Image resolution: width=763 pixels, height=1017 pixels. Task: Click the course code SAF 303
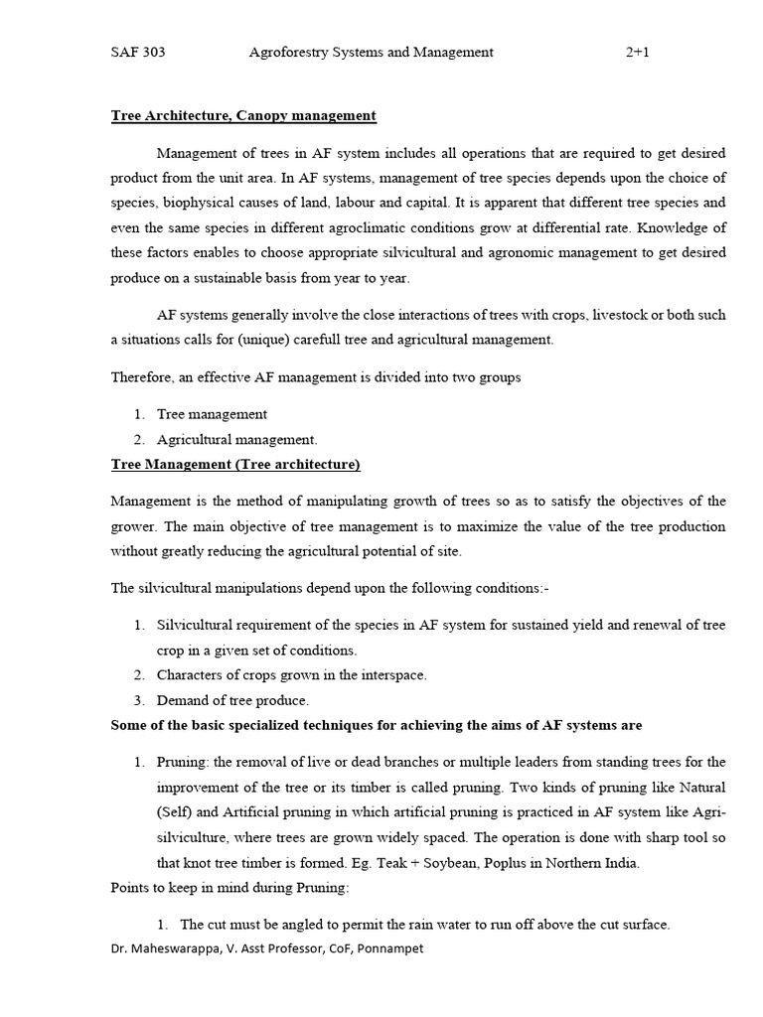[x=137, y=53]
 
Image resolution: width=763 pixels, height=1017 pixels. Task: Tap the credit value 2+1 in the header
[x=637, y=53]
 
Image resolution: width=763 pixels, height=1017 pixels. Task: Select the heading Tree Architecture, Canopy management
[x=242, y=116]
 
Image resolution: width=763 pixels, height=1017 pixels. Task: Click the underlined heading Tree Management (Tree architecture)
[x=234, y=464]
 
